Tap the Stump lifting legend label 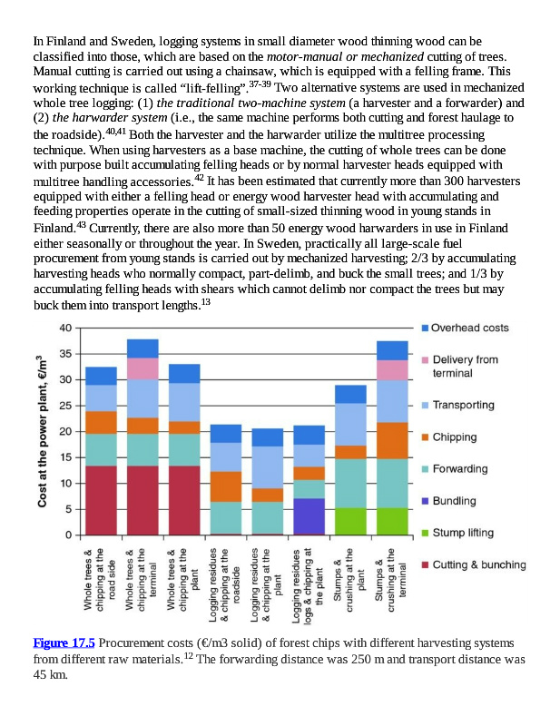(464, 533)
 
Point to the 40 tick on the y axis (66, 328)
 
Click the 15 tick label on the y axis (66, 457)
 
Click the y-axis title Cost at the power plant (43, 430)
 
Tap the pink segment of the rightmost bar (392, 369)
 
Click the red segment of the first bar (101, 499)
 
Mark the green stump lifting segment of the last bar (392, 520)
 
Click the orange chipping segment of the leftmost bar (101, 422)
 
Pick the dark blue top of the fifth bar (268, 437)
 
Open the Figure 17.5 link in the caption (64, 643)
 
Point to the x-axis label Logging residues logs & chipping (309, 581)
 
